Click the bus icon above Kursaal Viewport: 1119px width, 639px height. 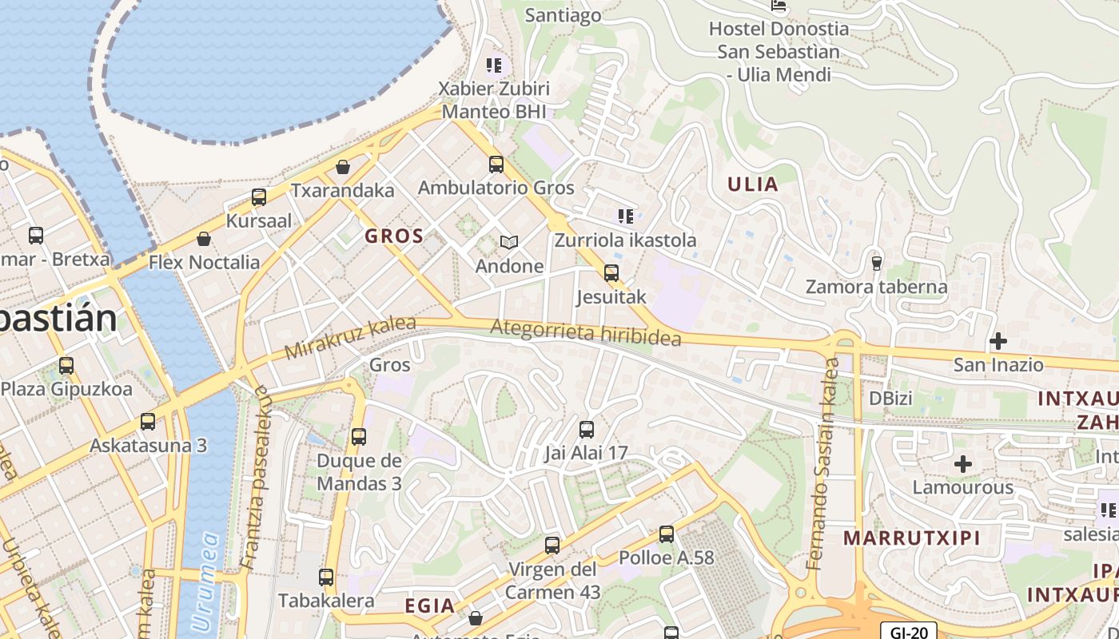point(259,197)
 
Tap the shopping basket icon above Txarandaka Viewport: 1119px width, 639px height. point(343,167)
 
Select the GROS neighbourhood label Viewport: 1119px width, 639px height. point(394,236)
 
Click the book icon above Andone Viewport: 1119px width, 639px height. point(509,242)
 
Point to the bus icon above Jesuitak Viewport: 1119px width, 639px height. point(611,273)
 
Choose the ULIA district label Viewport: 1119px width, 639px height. point(752,185)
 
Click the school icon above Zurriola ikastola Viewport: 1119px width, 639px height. point(626,216)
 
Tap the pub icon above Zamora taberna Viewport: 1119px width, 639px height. point(877,263)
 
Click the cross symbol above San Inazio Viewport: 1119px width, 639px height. point(998,342)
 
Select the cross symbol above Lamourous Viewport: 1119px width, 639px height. point(963,464)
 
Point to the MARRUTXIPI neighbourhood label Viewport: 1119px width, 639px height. point(912,538)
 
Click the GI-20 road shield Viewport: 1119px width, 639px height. point(909,632)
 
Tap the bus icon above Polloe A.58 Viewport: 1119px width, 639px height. point(667,534)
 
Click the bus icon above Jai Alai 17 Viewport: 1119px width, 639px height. point(587,430)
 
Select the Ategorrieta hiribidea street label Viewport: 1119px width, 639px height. point(586,332)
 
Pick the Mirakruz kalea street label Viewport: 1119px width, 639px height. point(350,338)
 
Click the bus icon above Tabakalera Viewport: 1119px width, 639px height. point(326,577)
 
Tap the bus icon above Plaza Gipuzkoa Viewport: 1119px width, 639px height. point(66,366)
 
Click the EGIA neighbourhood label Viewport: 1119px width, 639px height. point(430,605)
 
